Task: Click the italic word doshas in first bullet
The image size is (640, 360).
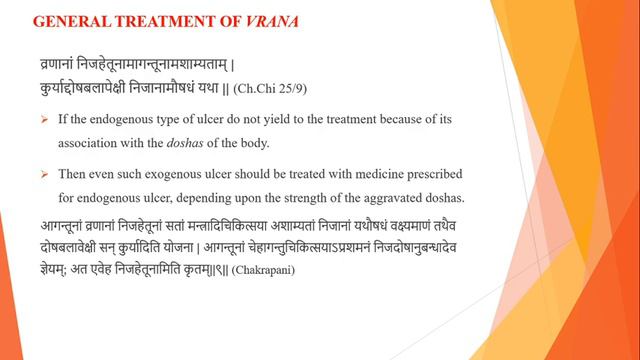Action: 208,143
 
